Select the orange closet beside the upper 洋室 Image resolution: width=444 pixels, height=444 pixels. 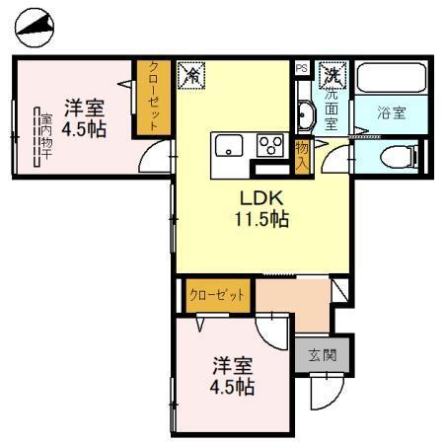pos(154,97)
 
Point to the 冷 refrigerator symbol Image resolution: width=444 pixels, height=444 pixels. pos(191,75)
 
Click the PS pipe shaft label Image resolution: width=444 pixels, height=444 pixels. pos(302,68)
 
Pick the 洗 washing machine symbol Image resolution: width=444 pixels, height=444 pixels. pos(335,75)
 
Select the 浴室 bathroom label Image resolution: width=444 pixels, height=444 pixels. pos(392,111)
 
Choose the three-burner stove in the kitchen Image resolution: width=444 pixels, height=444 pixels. pos(269,146)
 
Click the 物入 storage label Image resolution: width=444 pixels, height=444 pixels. pos(303,155)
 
